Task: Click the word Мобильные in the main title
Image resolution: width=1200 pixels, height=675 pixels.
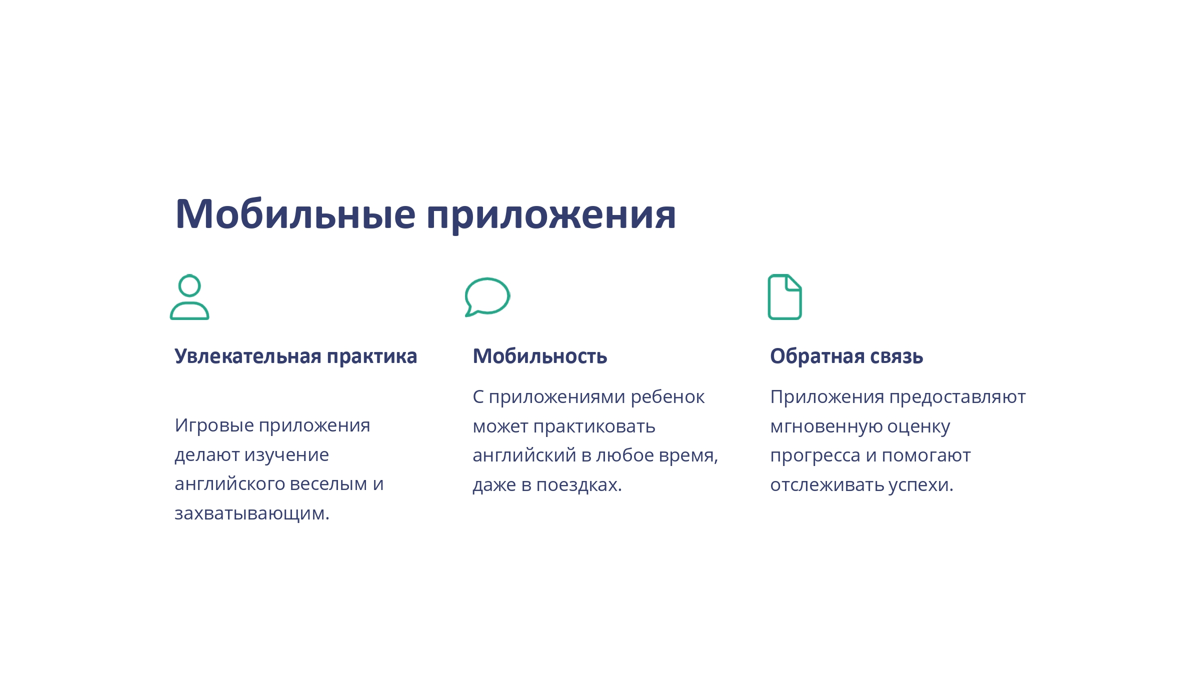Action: pos(295,214)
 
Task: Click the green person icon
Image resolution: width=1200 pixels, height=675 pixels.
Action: pos(189,296)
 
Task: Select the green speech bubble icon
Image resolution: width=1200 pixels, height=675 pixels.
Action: pos(487,297)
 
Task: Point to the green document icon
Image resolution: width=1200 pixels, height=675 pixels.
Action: pos(784,296)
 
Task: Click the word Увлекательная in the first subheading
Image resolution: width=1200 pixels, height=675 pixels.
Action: pos(248,356)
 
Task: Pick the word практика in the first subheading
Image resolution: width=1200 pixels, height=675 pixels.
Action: pos(372,357)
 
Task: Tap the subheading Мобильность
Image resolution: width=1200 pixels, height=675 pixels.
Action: pos(540,356)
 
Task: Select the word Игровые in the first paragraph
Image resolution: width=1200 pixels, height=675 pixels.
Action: pos(214,426)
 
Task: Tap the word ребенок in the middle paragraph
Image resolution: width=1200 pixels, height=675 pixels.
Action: pos(667,396)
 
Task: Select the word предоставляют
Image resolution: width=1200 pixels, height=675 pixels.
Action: pos(957,397)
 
